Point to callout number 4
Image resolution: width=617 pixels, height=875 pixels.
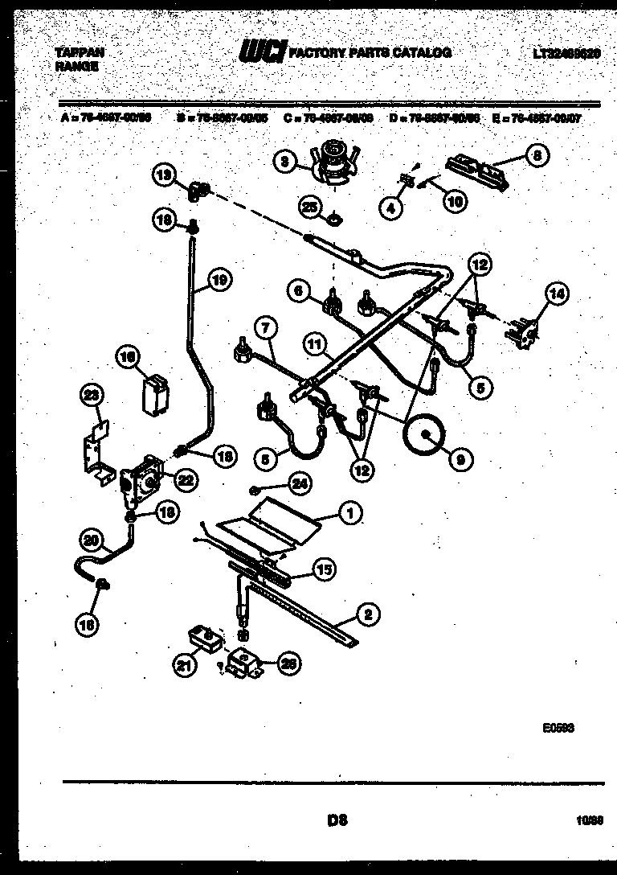point(390,208)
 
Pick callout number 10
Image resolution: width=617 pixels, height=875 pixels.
point(455,202)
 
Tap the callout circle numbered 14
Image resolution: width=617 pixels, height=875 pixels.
point(555,295)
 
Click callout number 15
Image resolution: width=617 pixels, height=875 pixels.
point(322,569)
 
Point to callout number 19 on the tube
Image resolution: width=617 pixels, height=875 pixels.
point(219,280)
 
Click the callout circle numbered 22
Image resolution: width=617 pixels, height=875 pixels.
point(186,480)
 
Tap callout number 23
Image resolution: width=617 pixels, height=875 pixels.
point(94,396)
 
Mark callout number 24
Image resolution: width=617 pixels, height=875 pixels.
point(300,483)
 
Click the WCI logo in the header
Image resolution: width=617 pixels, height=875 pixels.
point(262,52)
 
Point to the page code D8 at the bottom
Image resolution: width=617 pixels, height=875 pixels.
point(337,821)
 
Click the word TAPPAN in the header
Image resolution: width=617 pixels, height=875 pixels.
point(79,52)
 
